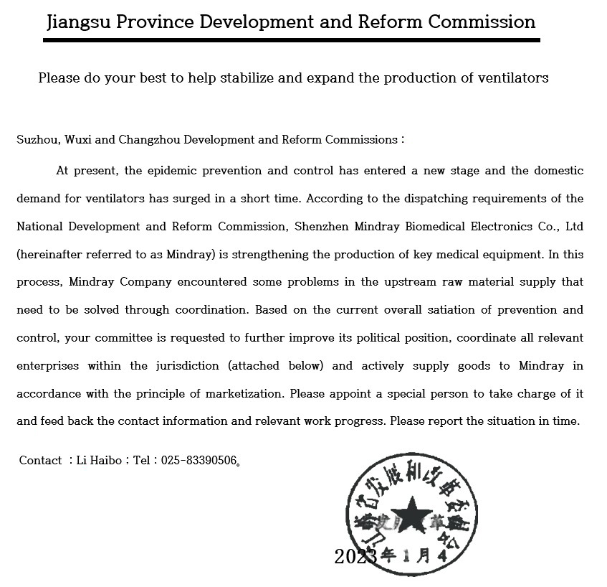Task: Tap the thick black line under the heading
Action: pos(291,40)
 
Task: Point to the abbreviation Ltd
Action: pos(574,227)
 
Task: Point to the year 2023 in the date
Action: pos(355,557)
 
